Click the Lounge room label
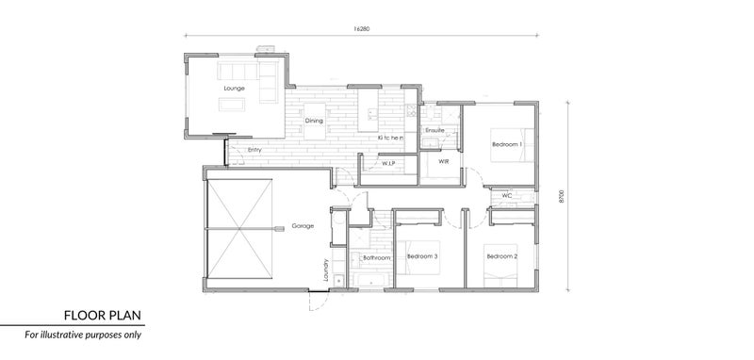(234, 89)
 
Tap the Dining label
(314, 121)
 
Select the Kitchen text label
(390, 138)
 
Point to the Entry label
(254, 150)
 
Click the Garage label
(303, 225)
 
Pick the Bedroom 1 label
(507, 144)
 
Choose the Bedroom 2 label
(502, 256)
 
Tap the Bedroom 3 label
(422, 256)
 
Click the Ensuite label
(434, 130)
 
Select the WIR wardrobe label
(443, 161)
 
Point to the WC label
(507, 196)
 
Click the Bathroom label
(376, 258)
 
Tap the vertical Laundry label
(325, 270)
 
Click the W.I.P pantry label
(388, 164)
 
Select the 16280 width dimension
(362, 29)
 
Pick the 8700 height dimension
(561, 196)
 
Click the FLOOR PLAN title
(103, 316)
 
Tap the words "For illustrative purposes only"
(83, 335)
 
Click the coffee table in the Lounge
(232, 105)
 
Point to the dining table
(315, 122)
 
